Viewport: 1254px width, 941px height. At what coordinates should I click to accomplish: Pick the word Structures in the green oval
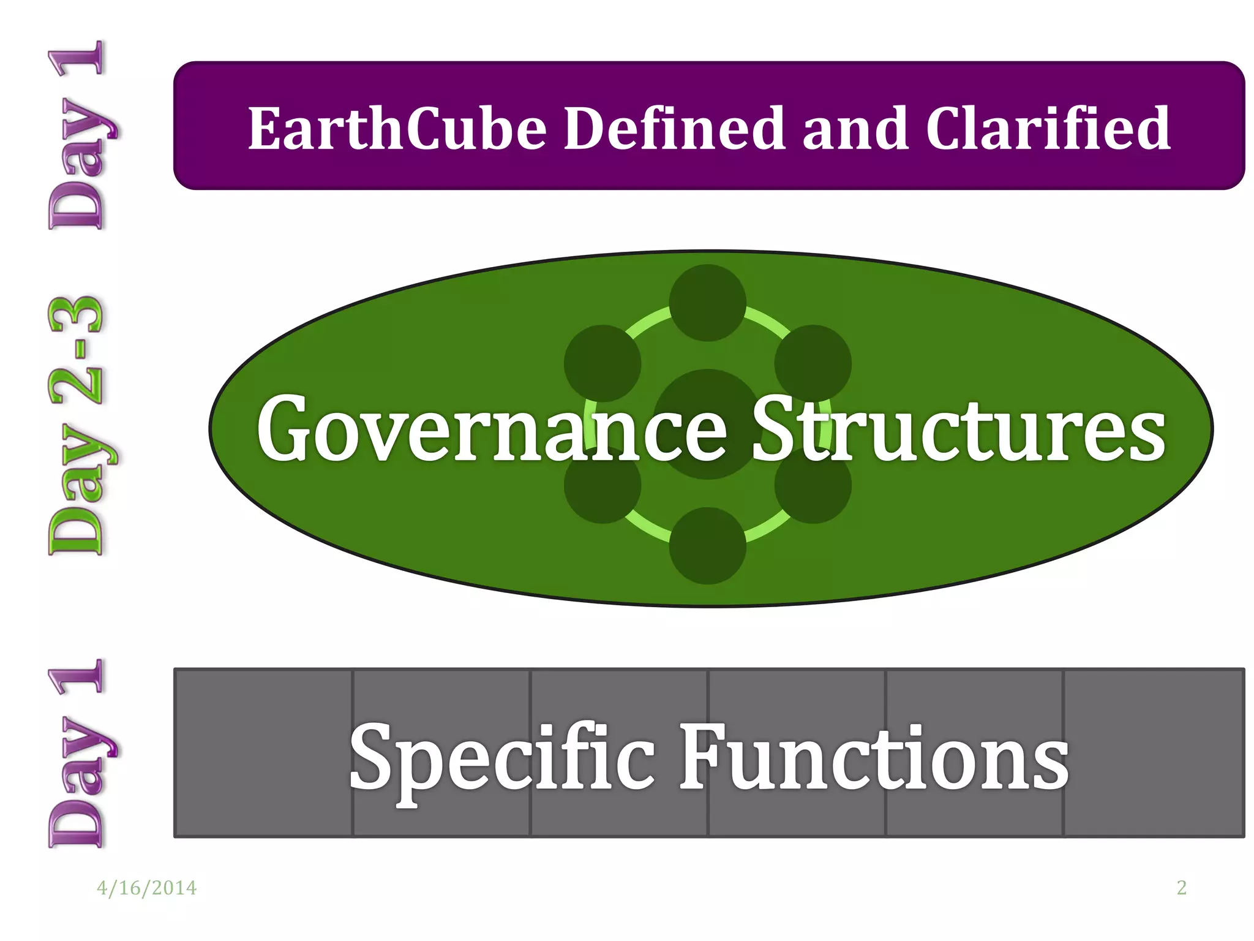(959, 429)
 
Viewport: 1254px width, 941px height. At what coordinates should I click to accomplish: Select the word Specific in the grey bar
(502, 758)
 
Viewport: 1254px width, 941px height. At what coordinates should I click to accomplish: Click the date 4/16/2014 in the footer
(147, 888)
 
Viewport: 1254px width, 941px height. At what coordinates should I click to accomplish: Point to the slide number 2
(1181, 888)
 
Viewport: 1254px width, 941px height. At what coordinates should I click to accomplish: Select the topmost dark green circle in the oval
(707, 303)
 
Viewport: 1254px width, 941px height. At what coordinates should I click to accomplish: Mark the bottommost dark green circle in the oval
(707, 545)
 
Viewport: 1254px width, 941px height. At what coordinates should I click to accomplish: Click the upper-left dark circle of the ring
(602, 363)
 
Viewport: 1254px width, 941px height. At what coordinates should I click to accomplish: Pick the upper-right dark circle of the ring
(813, 363)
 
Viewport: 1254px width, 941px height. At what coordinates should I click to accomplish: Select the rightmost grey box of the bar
(1154, 752)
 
